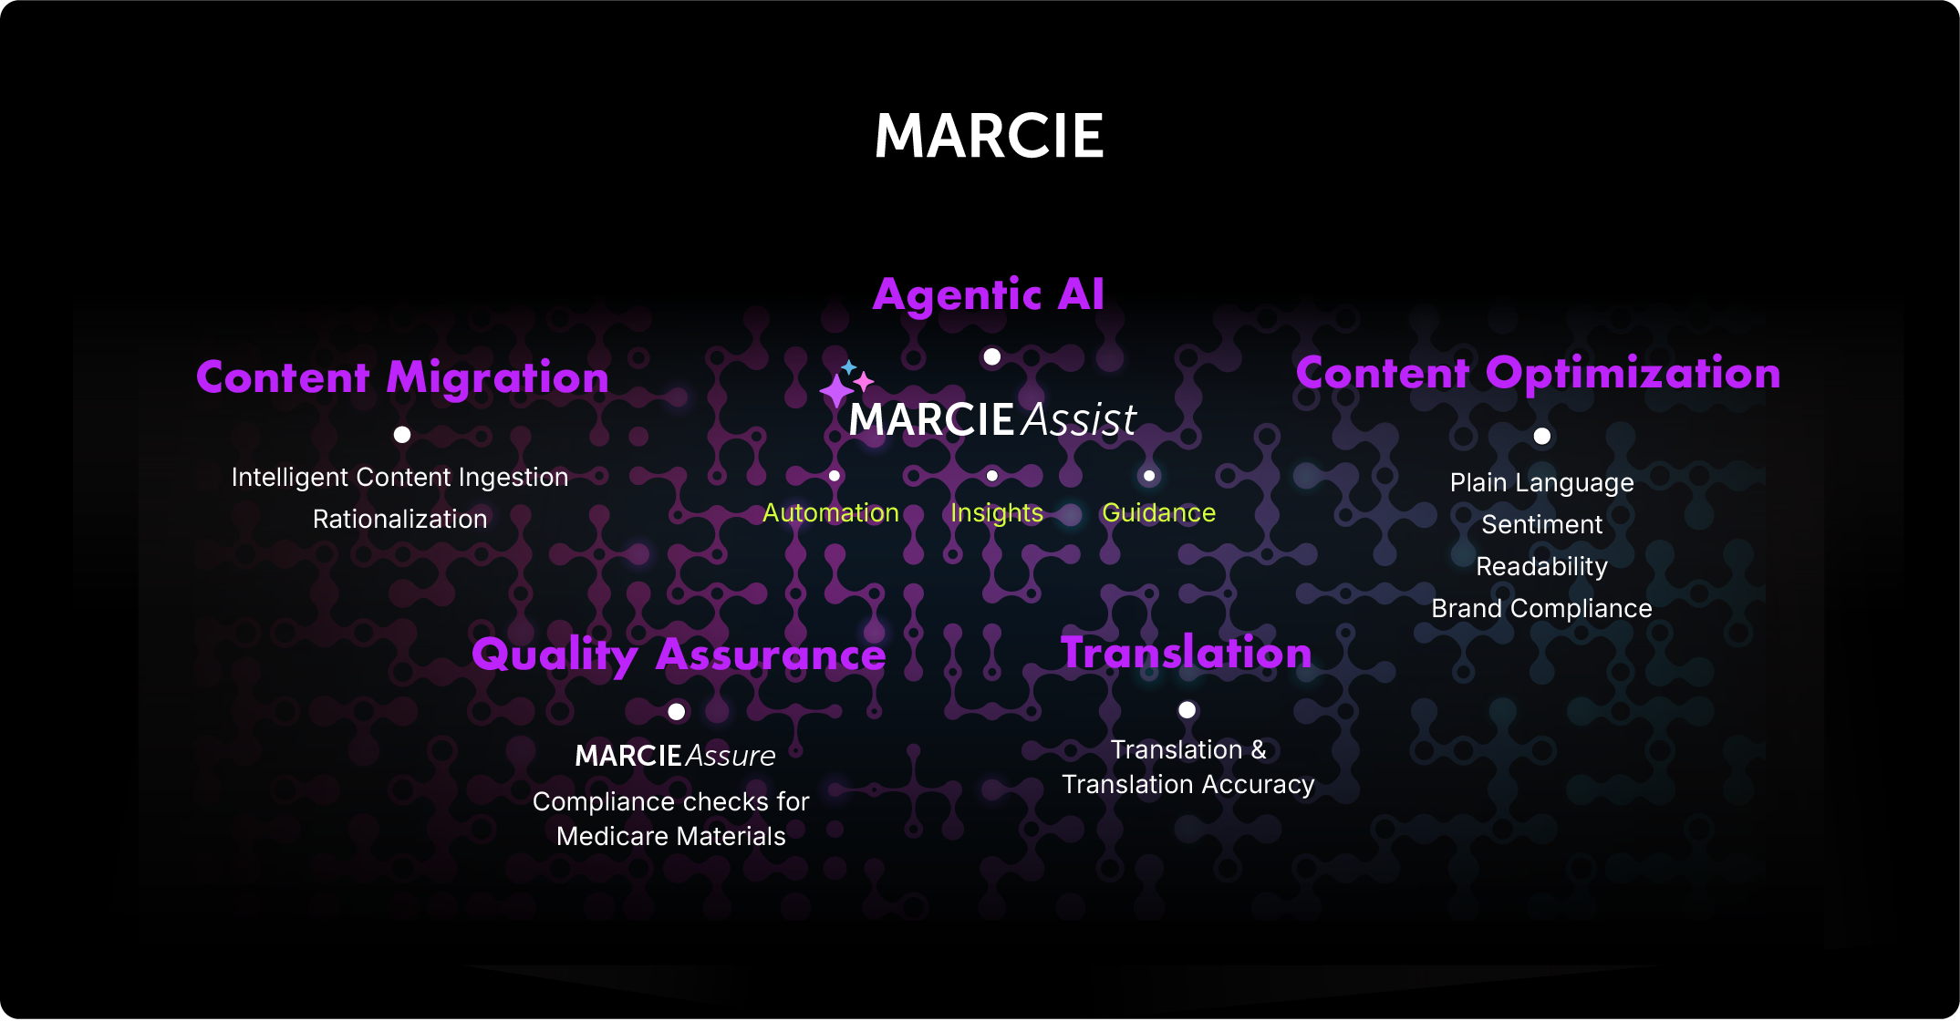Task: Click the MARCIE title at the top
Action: [x=989, y=137]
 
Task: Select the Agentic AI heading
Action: [x=989, y=294]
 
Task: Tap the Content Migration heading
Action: [x=402, y=377]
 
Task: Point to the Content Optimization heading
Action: [x=1538, y=373]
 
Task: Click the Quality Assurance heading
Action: [x=679, y=655]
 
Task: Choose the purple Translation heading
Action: [x=1186, y=653]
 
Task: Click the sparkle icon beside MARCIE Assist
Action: [x=845, y=384]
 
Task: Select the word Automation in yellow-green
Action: [x=830, y=513]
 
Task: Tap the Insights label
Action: [x=996, y=513]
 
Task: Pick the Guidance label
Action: [x=1158, y=513]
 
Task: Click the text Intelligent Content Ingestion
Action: [x=399, y=477]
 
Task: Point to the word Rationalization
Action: [x=399, y=519]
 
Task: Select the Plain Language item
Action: [x=1541, y=482]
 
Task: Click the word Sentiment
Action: [x=1541, y=524]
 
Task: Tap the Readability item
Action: [x=1541, y=566]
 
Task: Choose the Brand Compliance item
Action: [x=1541, y=608]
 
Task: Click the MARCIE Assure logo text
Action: [x=675, y=756]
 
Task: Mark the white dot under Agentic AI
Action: [x=992, y=356]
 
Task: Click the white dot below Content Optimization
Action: [x=1541, y=436]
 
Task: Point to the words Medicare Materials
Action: [x=670, y=836]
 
